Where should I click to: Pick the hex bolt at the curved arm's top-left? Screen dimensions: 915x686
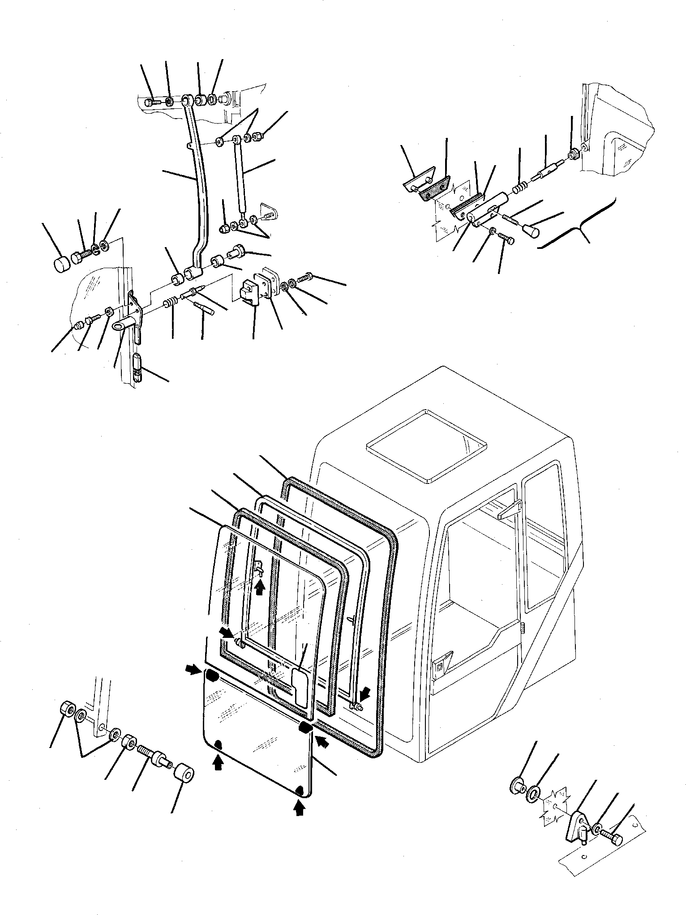pos(151,103)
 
